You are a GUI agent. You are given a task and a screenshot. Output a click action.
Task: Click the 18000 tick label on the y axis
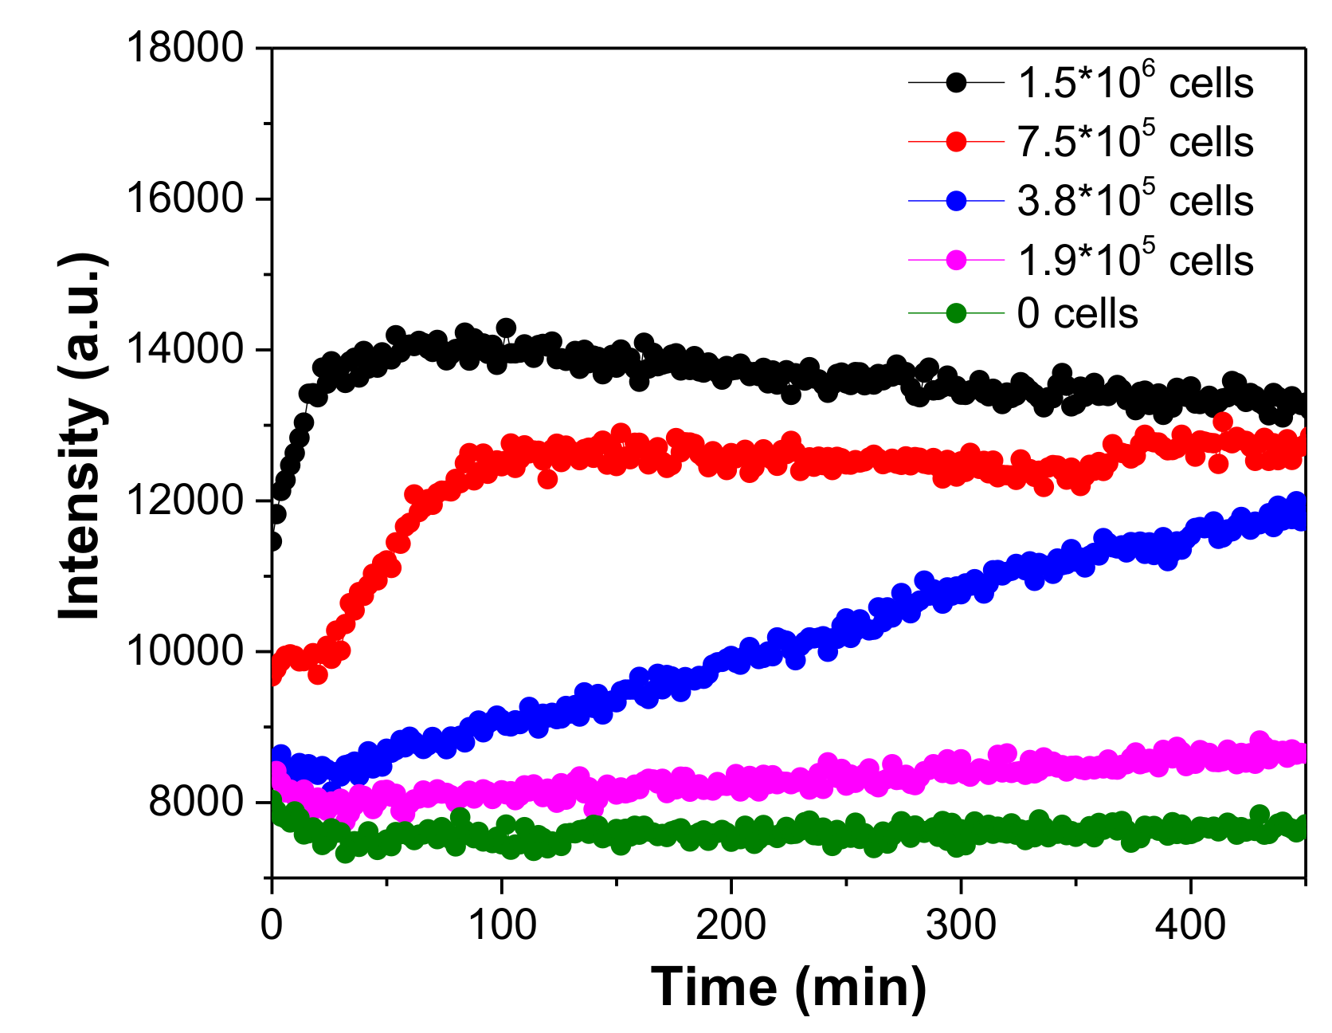(184, 48)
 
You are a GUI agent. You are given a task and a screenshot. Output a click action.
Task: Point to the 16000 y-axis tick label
(184, 198)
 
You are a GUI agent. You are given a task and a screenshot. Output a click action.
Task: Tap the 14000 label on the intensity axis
(184, 349)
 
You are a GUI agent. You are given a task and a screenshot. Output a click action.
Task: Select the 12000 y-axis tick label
(184, 501)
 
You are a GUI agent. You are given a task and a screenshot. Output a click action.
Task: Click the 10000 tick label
(184, 651)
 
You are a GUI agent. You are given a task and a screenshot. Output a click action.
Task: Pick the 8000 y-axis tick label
(195, 802)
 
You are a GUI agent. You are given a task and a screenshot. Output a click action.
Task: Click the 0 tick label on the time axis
(272, 925)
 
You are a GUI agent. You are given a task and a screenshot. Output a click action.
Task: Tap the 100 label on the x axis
(501, 925)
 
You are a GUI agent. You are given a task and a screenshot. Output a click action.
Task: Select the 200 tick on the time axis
(731, 925)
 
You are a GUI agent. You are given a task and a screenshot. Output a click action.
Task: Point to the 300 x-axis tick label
(961, 925)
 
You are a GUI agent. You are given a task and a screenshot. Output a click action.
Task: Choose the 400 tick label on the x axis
(1190, 925)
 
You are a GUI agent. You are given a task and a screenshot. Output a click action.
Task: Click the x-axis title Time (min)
(789, 987)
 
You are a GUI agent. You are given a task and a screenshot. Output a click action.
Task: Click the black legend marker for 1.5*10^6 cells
(956, 82)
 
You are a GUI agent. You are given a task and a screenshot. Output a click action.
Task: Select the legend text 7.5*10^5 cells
(1135, 142)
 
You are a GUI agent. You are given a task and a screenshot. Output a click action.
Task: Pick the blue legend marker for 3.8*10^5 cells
(956, 201)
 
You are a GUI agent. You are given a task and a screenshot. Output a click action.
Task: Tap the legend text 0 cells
(1077, 313)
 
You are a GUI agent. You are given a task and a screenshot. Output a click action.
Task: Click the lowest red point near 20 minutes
(318, 674)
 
